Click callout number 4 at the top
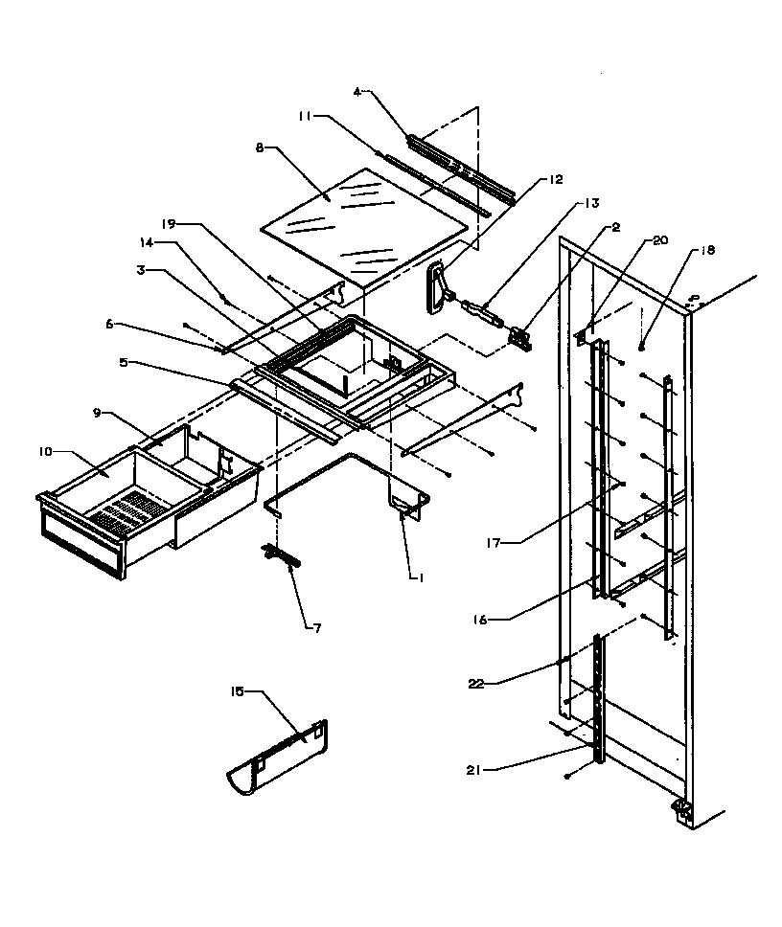[x=356, y=92]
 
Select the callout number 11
[x=303, y=118]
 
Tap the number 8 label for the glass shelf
[x=259, y=148]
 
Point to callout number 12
[x=556, y=179]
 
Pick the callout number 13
[x=589, y=203]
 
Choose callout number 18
[x=707, y=250]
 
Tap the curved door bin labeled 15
[x=278, y=757]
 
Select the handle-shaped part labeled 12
[x=439, y=285]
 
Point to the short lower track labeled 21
[x=600, y=699]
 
